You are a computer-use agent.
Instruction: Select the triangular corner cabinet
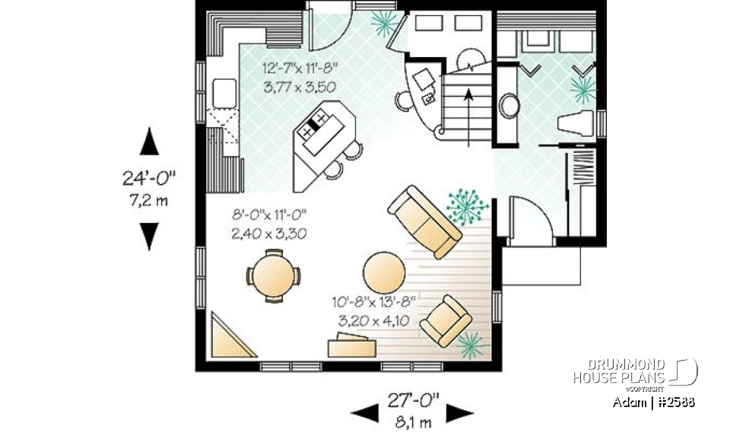(x=229, y=337)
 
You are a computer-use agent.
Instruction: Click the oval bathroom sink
(x=509, y=106)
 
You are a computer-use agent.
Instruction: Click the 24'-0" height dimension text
(x=149, y=180)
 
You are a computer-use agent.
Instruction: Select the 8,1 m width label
(x=408, y=422)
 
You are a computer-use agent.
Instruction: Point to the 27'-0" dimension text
(x=408, y=401)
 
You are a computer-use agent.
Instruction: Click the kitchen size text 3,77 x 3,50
(x=300, y=88)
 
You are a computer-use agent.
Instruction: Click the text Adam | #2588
(x=653, y=402)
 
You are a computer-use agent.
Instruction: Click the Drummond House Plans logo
(x=635, y=371)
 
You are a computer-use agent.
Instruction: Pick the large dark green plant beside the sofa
(x=466, y=204)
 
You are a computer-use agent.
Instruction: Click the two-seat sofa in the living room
(x=424, y=221)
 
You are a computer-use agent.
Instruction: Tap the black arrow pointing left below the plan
(x=363, y=412)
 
